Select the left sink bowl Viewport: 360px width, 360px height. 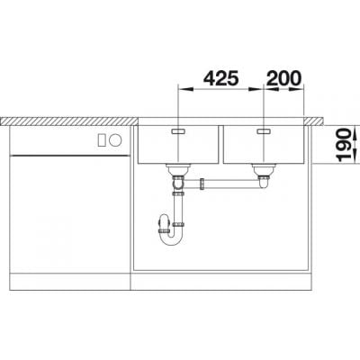coord(177,144)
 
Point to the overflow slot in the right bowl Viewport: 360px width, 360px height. coord(265,131)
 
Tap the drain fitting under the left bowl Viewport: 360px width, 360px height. coord(177,169)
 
